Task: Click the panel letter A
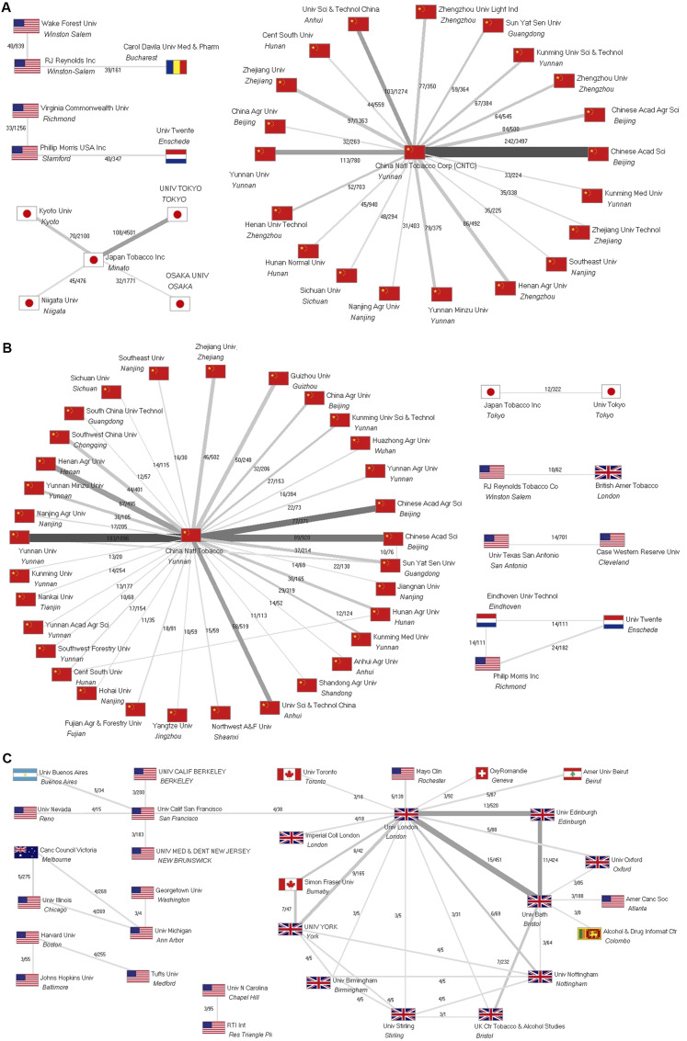coord(7,7)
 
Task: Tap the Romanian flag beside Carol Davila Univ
coord(177,67)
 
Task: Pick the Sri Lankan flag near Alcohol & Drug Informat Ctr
coord(588,934)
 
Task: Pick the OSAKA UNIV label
coord(185,275)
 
